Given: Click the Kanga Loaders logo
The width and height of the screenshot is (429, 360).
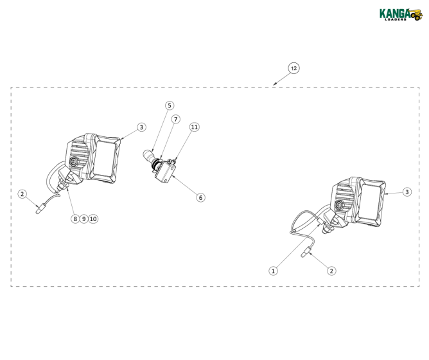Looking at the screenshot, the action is tap(401, 15).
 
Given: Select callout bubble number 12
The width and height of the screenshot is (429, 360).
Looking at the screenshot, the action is tap(293, 68).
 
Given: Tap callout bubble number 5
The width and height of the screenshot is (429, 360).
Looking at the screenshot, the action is tap(170, 105).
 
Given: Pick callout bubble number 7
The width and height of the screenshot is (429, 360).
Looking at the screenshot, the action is tap(176, 119).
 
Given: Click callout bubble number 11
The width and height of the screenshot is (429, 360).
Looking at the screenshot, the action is tap(194, 127).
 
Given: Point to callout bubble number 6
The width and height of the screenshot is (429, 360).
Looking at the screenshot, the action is tap(201, 197).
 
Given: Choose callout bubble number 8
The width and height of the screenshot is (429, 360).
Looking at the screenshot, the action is tap(75, 219).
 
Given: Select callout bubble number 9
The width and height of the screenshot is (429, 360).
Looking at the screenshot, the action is tap(84, 219).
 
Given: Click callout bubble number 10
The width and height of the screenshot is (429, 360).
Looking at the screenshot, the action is tap(93, 219).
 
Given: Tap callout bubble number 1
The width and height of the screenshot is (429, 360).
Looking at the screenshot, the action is tap(273, 271).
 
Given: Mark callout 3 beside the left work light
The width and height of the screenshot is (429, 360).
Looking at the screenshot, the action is tap(141, 127).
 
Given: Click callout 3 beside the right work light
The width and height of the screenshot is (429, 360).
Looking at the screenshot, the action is tap(407, 192).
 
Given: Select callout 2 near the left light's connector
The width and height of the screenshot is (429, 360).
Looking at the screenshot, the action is tap(22, 194).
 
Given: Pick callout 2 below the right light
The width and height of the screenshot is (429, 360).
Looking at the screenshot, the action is tap(331, 271).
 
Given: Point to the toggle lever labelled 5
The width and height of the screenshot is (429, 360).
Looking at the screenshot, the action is tap(148, 156).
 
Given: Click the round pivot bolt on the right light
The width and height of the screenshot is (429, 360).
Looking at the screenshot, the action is tap(340, 204).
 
